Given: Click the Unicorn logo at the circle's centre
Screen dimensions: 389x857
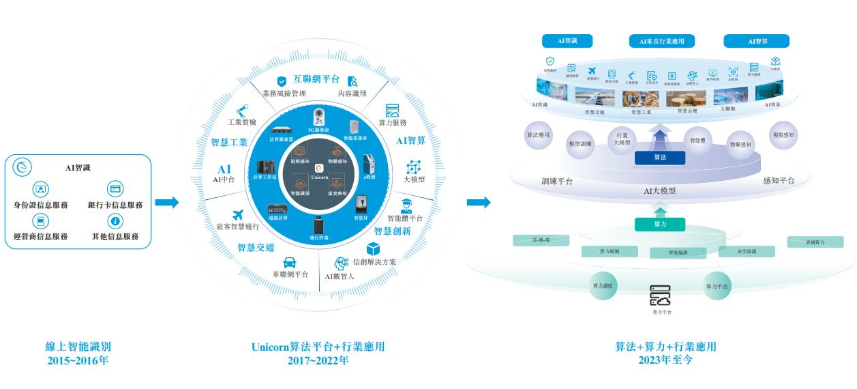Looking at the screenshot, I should click(318, 167).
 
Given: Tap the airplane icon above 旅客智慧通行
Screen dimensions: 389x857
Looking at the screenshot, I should click(238, 216).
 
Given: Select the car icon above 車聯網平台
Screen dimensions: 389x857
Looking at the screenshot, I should click(289, 261).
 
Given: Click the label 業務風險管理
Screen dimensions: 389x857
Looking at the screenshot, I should click(284, 93).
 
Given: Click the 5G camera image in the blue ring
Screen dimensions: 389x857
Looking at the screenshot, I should click(318, 116).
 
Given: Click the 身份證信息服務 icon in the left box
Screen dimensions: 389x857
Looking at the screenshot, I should click(42, 189).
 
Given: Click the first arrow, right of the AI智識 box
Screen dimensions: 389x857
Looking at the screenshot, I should click(166, 203).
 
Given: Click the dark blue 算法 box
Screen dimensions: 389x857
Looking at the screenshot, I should click(659, 158).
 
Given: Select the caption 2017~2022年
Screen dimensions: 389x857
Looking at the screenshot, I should click(318, 360).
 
